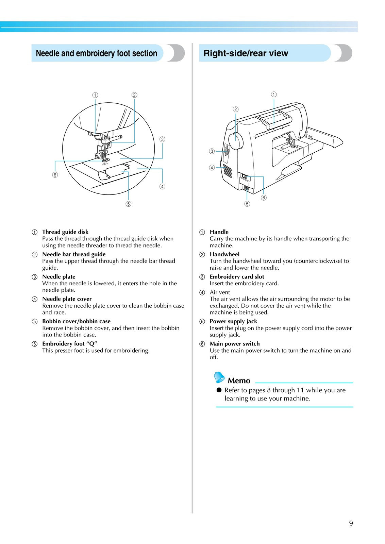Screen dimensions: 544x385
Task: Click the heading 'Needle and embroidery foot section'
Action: pyautogui.click(x=96, y=53)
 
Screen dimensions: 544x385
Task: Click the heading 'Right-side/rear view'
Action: pyautogui.click(x=246, y=53)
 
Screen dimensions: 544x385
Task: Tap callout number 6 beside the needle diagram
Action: pyautogui.click(x=55, y=175)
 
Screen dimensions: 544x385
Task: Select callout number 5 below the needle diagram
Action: pyautogui.click(x=128, y=204)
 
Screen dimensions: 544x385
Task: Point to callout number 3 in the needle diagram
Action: pyautogui.click(x=162, y=139)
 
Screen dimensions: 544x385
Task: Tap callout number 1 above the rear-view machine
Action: pyautogui.click(x=274, y=95)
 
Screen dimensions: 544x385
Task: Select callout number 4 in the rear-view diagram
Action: pyautogui.click(x=212, y=168)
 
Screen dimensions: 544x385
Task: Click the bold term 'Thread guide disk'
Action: pyautogui.click(x=65, y=232)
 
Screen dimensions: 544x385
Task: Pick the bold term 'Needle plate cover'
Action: pyautogui.click(x=67, y=299)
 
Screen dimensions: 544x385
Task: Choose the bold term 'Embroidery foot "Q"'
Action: pyautogui.click(x=69, y=344)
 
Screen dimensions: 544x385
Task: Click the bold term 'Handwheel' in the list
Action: pyautogui.click(x=224, y=254)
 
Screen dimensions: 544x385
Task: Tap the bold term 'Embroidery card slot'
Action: pyautogui.click(x=237, y=277)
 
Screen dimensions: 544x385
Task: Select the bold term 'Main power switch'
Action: pyautogui.click(x=235, y=344)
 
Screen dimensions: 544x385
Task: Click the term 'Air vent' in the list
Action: pyautogui.click(x=220, y=292)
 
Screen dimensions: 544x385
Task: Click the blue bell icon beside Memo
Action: pyautogui.click(x=219, y=377)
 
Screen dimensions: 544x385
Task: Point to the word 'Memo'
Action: pyautogui.click(x=239, y=381)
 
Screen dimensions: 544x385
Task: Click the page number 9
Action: pyautogui.click(x=351, y=523)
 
